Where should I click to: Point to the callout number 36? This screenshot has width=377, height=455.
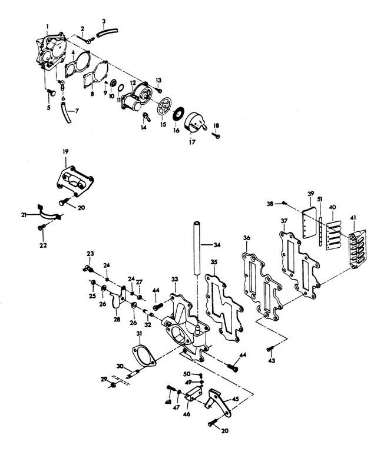pos(246,238)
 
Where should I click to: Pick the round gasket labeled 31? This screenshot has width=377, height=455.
pos(140,357)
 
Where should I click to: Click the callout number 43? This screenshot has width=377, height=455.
pos(272,360)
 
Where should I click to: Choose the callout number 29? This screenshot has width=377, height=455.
pos(104,379)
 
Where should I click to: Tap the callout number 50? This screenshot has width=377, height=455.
pos(186,373)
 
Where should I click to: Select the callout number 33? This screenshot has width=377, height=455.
pos(174,278)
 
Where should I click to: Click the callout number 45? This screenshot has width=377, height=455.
pos(236,399)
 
